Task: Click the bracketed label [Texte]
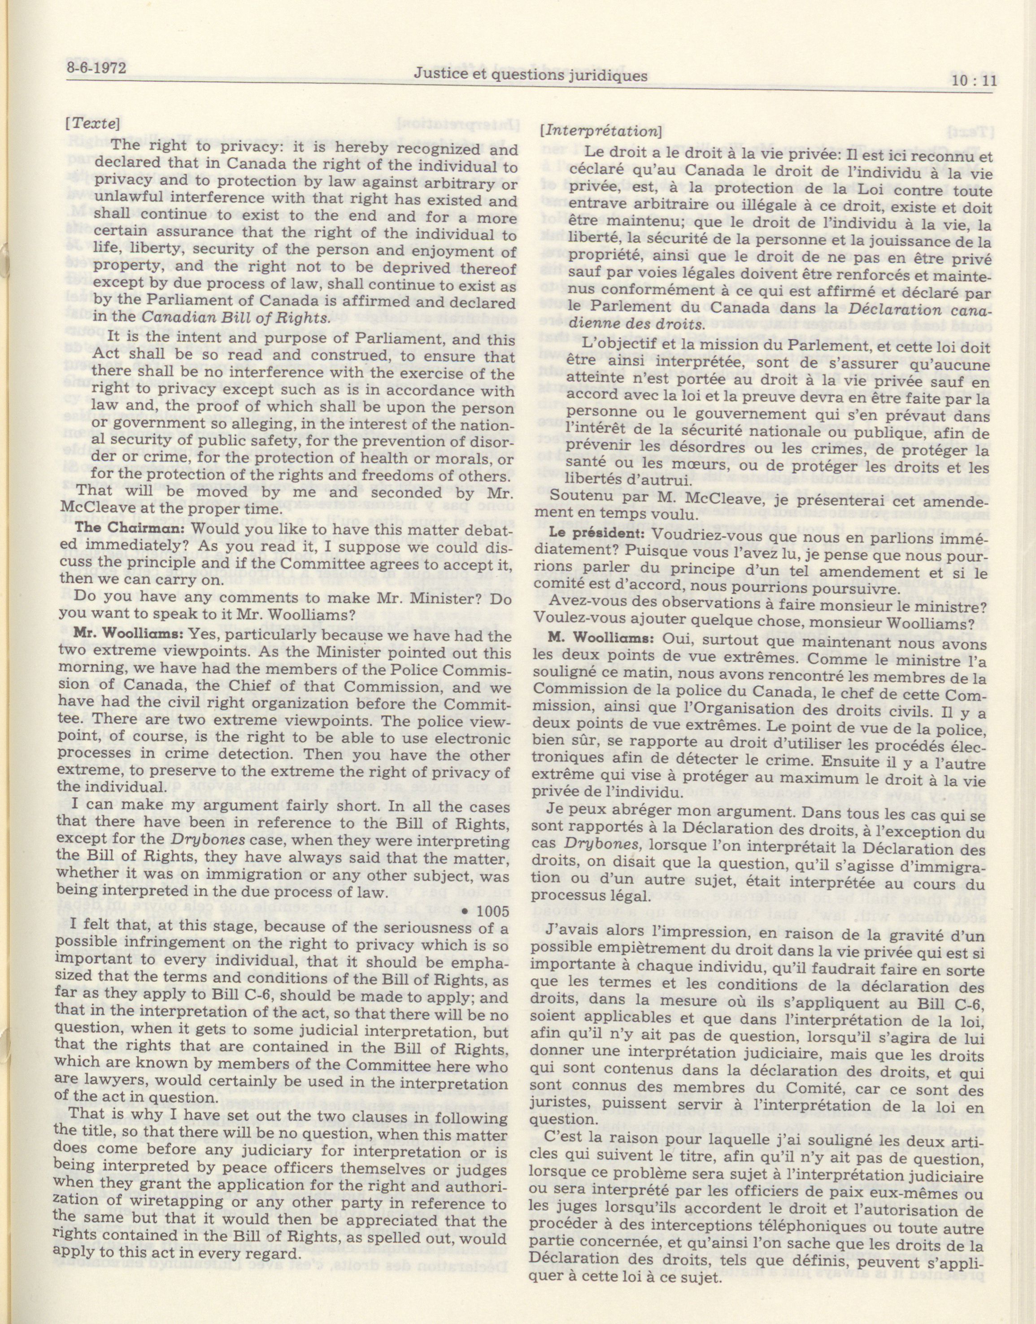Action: tap(92, 123)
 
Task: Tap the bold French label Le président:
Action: tap(587, 533)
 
